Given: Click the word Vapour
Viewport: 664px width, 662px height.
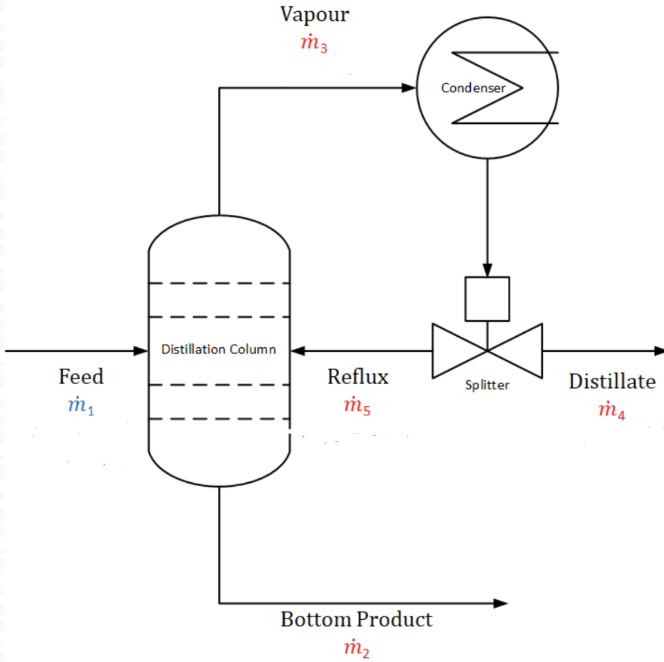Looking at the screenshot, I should click(x=314, y=14).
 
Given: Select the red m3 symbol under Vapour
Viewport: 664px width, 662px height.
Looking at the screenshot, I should click(x=314, y=44).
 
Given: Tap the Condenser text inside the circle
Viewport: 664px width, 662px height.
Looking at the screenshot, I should click(x=473, y=88).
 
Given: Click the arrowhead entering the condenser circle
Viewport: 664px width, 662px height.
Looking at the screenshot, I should click(x=409, y=88).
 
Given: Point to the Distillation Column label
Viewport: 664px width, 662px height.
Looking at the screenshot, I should click(x=219, y=350).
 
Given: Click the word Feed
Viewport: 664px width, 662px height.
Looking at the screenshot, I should click(x=81, y=376).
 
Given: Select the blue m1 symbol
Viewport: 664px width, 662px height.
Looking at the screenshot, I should click(x=81, y=406).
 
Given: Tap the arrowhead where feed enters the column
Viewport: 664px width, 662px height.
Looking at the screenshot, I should click(x=141, y=350).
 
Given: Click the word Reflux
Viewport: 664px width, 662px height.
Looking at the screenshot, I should click(x=358, y=376).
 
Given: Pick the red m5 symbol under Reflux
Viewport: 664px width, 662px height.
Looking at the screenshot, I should click(x=357, y=407).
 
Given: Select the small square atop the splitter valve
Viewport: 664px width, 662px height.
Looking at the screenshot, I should click(x=487, y=299).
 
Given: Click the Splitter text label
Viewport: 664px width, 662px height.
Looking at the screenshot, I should click(x=487, y=385).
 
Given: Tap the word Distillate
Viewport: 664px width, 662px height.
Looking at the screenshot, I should click(x=612, y=382).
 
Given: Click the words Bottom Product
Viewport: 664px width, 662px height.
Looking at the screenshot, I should click(x=356, y=619).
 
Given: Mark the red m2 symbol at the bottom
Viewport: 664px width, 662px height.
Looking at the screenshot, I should click(x=357, y=648).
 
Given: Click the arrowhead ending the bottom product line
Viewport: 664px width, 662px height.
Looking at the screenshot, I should click(x=500, y=603).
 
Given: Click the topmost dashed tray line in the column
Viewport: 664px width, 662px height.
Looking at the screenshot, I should click(x=219, y=284).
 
